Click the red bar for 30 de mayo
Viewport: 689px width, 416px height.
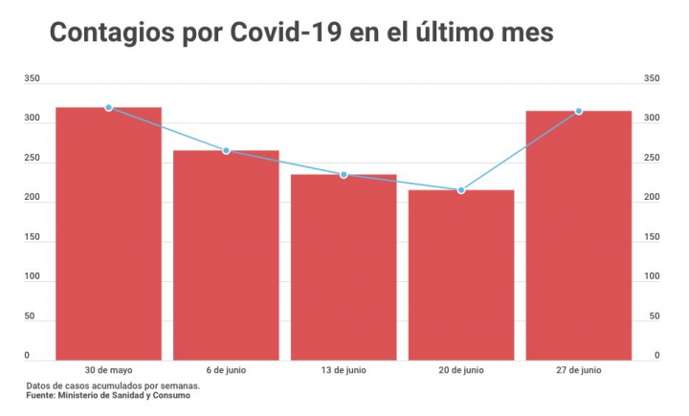pyautogui.click(x=108, y=233)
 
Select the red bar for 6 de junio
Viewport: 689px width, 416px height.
pyautogui.click(x=226, y=255)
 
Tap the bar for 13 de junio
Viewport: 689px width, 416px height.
pyautogui.click(x=344, y=267)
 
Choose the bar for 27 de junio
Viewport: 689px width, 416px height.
pyautogui.click(x=578, y=235)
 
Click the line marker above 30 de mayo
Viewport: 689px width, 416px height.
pyautogui.click(x=109, y=108)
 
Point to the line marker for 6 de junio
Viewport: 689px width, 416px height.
pyautogui.click(x=226, y=151)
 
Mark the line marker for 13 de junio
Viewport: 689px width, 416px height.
pyautogui.click(x=344, y=175)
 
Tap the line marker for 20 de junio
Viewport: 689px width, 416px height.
pyautogui.click(x=461, y=190)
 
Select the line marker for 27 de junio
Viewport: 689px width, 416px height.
pyautogui.click(x=578, y=112)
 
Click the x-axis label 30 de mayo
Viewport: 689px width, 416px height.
pyautogui.click(x=108, y=369)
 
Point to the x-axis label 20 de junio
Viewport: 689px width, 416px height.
pyautogui.click(x=461, y=369)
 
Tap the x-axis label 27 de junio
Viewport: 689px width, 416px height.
pyautogui.click(x=578, y=369)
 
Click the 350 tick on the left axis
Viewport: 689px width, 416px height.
pyautogui.click(x=33, y=78)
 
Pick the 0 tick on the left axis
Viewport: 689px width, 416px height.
pyautogui.click(x=27, y=356)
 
